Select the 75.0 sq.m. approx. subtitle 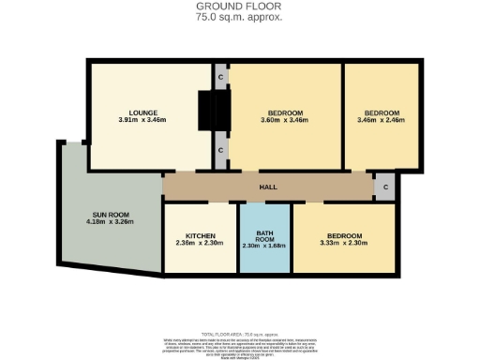pos(240,17)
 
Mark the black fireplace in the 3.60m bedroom pos(222,112)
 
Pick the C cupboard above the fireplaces pos(220,75)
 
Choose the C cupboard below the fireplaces pos(220,150)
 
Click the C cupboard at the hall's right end pos(386,187)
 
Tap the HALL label pos(268,187)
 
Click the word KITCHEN pos(201,235)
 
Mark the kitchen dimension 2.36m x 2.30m pos(201,244)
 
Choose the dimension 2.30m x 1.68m pos(264,247)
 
